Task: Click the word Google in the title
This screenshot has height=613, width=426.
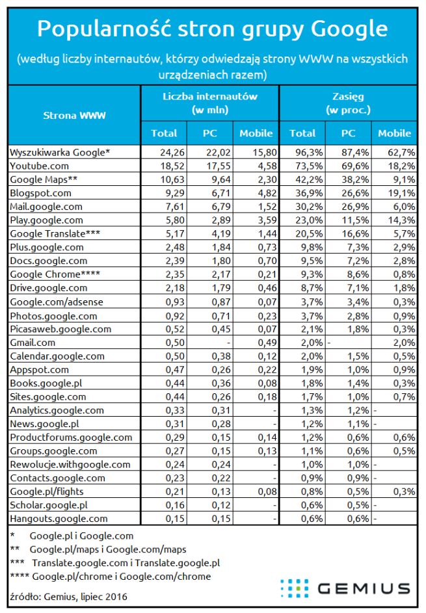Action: coord(348,29)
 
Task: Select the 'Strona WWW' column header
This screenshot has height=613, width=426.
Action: coord(75,116)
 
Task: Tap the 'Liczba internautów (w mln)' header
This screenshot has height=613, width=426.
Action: coord(209,103)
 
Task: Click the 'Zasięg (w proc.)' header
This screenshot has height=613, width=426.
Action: coord(347,103)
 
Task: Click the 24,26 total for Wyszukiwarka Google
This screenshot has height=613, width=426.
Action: coord(164,152)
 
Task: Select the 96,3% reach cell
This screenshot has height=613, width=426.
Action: coord(302,152)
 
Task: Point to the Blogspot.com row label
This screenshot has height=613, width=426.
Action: coord(40,193)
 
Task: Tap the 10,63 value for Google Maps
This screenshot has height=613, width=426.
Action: coord(164,179)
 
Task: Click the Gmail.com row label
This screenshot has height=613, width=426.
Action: coord(33,342)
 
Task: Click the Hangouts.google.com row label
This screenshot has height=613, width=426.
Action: coord(59,518)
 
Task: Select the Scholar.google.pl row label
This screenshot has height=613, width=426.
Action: coord(49,504)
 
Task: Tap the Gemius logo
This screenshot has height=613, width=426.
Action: coord(345,588)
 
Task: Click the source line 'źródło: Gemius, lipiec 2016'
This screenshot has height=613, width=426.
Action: coord(69,596)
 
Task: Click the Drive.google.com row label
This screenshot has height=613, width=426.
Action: coord(49,287)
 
